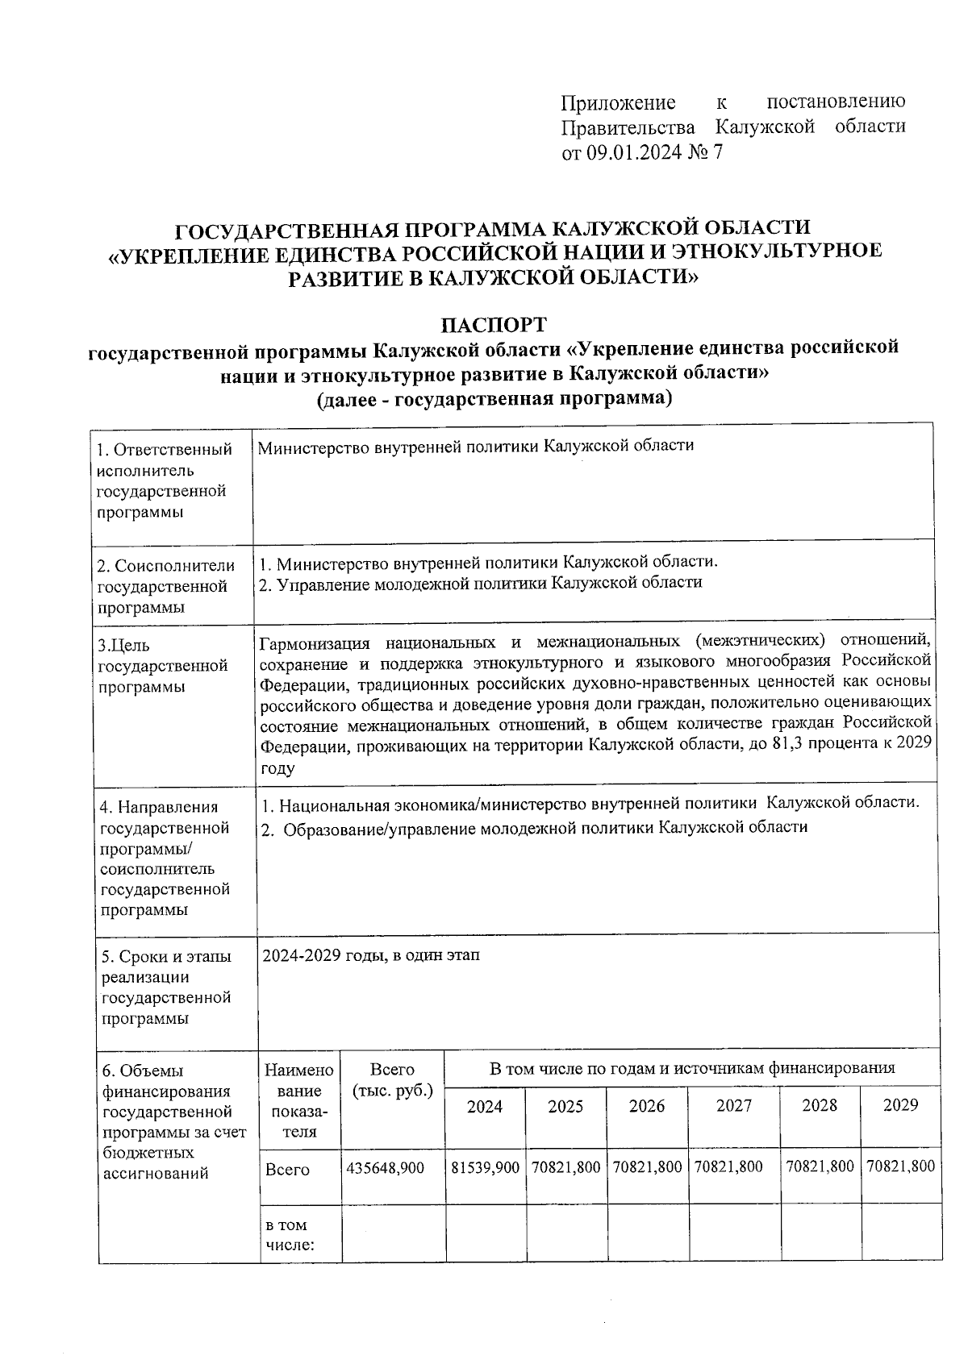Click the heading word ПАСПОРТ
click(x=493, y=325)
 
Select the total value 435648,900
click(x=386, y=1167)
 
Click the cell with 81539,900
click(x=484, y=1167)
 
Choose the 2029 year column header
click(x=900, y=1105)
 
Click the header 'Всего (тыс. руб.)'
click(x=392, y=1080)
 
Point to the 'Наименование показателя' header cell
click(x=298, y=1100)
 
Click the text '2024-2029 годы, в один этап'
click(x=371, y=955)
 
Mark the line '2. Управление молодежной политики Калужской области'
click(x=480, y=583)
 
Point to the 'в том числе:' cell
click(x=289, y=1235)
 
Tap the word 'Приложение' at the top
click(x=618, y=102)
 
